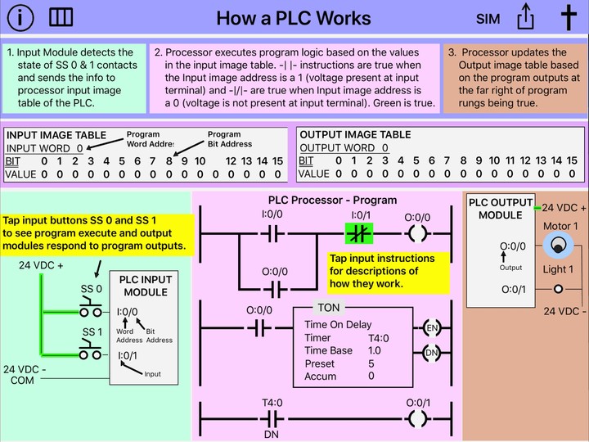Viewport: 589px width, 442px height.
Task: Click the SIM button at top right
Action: [488, 18]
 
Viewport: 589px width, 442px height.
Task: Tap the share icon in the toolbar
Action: [526, 17]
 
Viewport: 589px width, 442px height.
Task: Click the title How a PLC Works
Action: [294, 18]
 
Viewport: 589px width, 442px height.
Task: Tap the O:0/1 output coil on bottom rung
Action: [417, 418]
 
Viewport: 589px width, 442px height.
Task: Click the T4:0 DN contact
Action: [272, 418]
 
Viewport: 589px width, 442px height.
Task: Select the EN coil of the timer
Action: [432, 328]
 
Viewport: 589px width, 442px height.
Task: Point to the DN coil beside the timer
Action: [432, 354]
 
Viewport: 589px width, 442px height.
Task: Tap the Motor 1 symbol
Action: [559, 246]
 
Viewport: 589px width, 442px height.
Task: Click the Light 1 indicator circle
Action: [559, 289]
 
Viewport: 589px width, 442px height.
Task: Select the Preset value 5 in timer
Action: [371, 363]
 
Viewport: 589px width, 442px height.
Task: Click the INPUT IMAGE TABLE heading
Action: [56, 135]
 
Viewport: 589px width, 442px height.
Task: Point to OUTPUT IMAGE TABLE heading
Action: [355, 135]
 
